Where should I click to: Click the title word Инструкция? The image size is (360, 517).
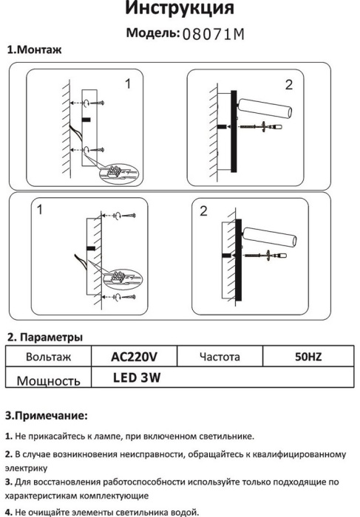tap(180, 8)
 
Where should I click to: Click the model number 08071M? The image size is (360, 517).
tap(214, 34)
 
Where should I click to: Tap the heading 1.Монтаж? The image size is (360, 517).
tap(34, 49)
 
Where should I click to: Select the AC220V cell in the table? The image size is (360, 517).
tap(134, 357)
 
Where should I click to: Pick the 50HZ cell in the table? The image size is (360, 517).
tap(308, 357)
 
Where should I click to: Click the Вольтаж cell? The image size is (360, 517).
tap(48, 357)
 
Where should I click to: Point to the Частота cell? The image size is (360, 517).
tap(220, 357)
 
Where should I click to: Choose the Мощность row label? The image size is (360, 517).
tap(48, 381)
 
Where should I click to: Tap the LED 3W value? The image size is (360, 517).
tap(137, 378)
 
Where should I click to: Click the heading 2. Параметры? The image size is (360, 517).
tap(45, 338)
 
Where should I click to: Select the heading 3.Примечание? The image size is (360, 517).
tap(47, 416)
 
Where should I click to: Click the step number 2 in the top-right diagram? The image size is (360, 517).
tap(289, 85)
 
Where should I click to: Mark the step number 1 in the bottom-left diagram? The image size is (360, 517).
tap(40, 210)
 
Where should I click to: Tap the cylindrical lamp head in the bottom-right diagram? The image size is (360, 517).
tap(271, 236)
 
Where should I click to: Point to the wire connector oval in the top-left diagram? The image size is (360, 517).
tap(120, 174)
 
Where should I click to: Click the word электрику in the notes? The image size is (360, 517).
tap(26, 468)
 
